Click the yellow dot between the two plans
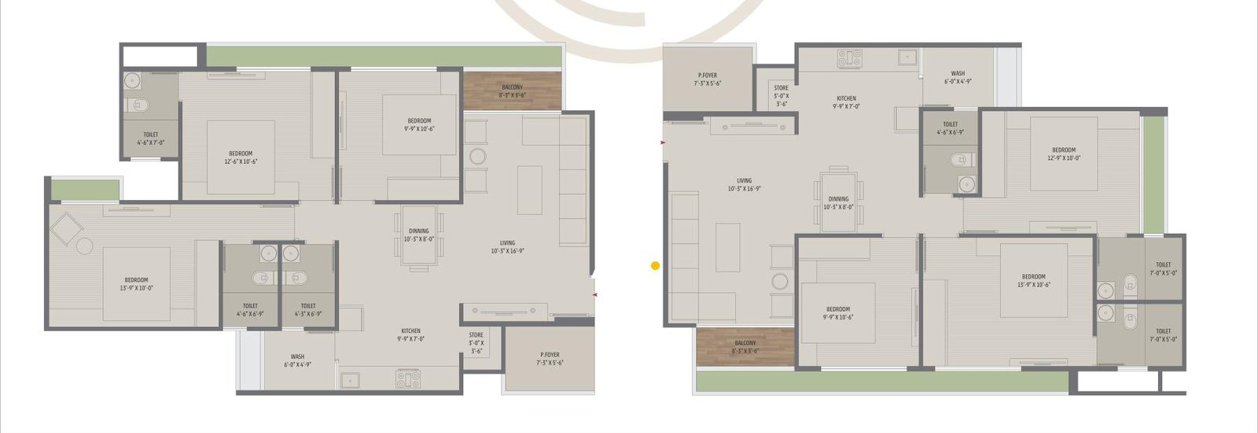[x=655, y=266]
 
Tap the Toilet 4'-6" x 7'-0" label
[x=151, y=139]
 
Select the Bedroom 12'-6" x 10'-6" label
[x=241, y=157]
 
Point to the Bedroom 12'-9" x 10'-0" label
[x=1064, y=154]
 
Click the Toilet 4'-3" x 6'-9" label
[x=308, y=309]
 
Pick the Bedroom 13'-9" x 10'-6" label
[x=1033, y=280]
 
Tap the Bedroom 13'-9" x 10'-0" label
[x=136, y=283]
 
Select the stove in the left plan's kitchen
[x=408, y=379]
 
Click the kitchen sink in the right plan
[x=908, y=57]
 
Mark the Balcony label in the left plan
[x=512, y=91]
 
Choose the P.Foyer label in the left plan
[x=550, y=359]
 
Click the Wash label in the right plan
[x=958, y=77]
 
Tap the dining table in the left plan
[x=418, y=235]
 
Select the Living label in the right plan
[x=744, y=185]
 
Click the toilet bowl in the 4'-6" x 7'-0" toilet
[x=139, y=105]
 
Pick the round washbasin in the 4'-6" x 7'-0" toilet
[x=132, y=80]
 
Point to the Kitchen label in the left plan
[x=410, y=335]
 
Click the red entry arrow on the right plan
[x=664, y=142]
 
